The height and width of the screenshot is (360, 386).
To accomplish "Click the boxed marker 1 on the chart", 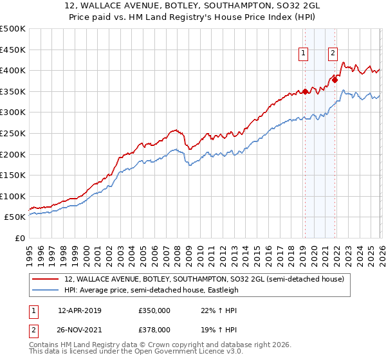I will [302, 54].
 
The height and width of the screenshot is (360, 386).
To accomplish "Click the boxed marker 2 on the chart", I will [333, 54].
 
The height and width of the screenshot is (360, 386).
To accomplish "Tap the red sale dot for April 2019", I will [305, 91].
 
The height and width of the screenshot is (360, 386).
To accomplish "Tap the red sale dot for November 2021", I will [335, 80].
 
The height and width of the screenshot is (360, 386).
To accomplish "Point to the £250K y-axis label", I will [13, 133].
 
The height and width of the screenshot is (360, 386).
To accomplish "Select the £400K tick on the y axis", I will [13, 71].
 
